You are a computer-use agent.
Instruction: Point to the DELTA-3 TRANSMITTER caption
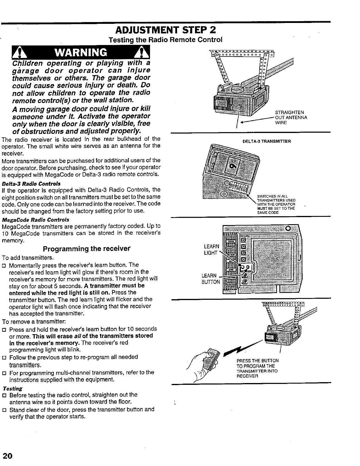(267, 141)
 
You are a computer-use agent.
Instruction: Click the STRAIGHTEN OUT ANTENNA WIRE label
(291, 117)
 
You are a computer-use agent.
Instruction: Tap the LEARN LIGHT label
(211, 249)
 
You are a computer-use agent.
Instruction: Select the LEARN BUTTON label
(210, 279)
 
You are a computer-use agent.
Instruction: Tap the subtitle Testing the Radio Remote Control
(165, 39)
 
